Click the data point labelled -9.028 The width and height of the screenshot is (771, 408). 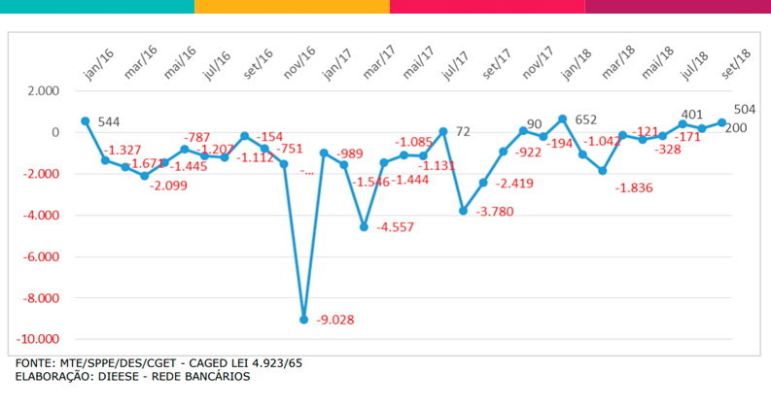(x=304, y=319)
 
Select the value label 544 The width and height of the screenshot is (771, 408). (x=109, y=122)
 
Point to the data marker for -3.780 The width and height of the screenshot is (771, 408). (x=464, y=210)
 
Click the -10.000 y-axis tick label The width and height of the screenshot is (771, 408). (x=37, y=340)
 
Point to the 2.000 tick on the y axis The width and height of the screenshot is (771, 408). (x=43, y=91)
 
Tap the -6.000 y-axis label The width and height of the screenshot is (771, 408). (x=40, y=257)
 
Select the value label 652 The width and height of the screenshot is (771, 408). (x=585, y=120)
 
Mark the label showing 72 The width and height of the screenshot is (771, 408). (x=463, y=131)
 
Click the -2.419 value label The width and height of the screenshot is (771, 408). (x=514, y=184)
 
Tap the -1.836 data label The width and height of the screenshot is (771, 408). (x=638, y=187)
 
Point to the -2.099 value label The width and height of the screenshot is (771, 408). (x=174, y=187)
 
